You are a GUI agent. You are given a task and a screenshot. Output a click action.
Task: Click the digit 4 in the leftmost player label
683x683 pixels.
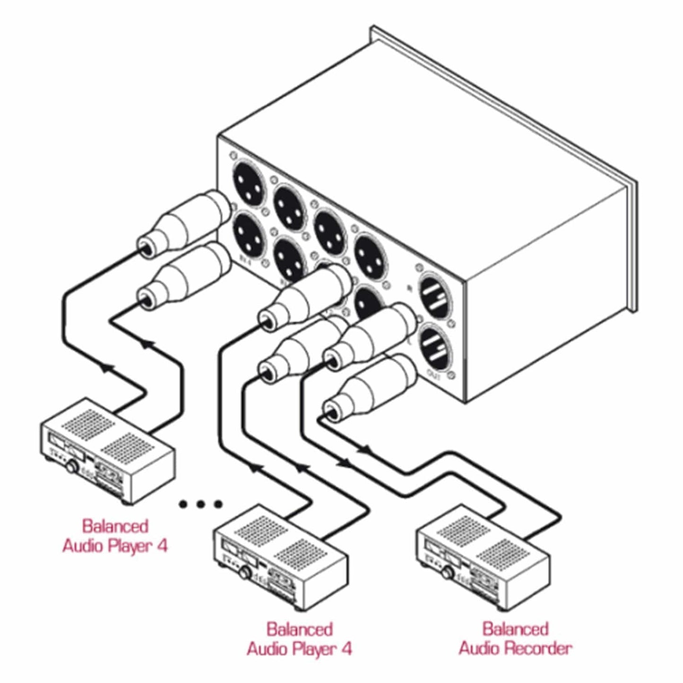tap(162, 546)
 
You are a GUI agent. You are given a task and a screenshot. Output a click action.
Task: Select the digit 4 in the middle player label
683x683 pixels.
tap(346, 648)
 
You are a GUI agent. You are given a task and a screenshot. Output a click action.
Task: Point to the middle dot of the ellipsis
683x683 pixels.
tap(201, 504)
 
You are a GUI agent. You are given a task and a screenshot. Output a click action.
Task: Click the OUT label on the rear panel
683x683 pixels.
tap(433, 377)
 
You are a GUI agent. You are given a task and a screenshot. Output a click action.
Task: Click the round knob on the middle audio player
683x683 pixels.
tap(245, 572)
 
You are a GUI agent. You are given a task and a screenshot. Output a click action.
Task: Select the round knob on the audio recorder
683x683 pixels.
tap(448, 573)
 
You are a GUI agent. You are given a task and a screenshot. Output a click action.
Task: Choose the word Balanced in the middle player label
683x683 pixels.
tap(300, 630)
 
